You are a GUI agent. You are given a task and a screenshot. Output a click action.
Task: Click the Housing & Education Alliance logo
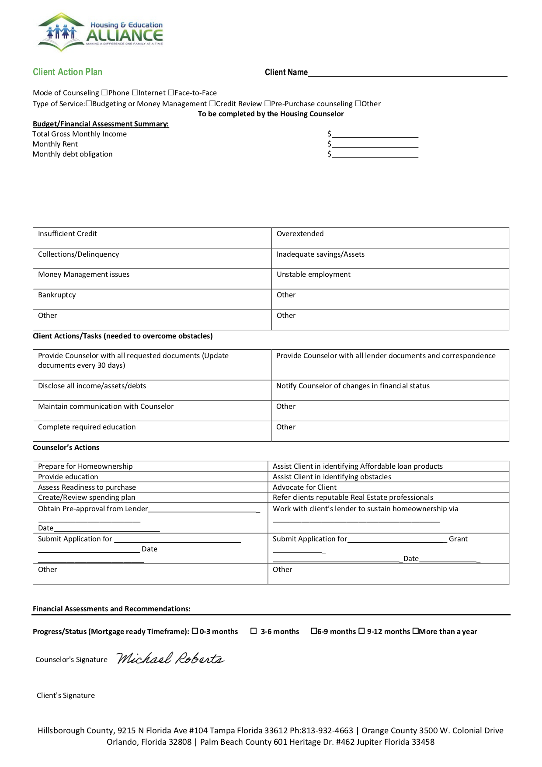click(101, 32)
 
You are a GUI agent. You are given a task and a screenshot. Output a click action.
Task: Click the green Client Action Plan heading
click(67, 72)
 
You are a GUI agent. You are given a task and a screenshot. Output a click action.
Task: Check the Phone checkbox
click(104, 93)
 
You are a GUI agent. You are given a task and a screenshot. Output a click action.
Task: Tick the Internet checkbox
click(135, 93)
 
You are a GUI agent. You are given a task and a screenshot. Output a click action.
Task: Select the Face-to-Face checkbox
click(171, 93)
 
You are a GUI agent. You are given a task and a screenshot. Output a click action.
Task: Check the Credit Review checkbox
click(212, 104)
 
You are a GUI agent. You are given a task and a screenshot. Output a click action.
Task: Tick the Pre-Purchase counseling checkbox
click(268, 104)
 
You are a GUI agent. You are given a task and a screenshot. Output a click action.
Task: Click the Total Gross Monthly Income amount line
click(375, 134)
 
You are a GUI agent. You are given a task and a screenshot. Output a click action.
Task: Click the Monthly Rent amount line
click(375, 144)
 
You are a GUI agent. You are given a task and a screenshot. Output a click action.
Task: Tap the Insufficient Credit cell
click(152, 237)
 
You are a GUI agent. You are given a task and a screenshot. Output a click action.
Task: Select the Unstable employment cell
click(390, 279)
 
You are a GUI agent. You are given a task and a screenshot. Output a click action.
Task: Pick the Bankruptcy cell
click(152, 299)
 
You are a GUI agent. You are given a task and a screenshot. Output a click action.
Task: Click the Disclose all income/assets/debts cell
click(152, 390)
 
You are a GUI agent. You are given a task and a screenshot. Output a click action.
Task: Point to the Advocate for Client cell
click(388, 487)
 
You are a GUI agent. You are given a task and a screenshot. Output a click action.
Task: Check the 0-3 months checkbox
click(195, 631)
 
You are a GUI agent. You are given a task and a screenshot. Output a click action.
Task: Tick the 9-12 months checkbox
click(361, 631)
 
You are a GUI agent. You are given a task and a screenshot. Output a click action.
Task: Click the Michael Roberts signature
click(170, 659)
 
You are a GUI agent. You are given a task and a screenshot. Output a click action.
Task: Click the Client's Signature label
click(66, 695)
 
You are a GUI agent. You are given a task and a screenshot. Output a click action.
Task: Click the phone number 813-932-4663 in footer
click(327, 730)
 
